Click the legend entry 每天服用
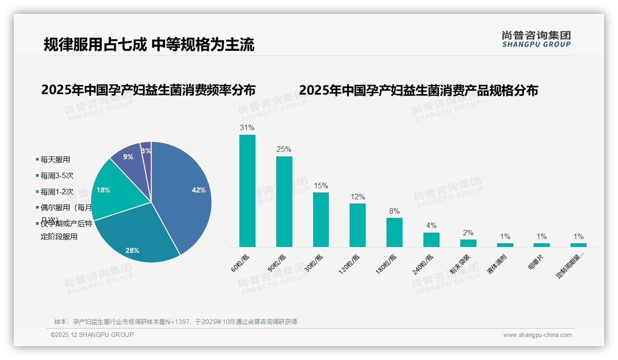(x=55, y=160)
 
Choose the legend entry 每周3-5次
(x=57, y=175)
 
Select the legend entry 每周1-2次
(x=57, y=192)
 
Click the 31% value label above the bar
(x=247, y=127)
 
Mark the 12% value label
(x=357, y=197)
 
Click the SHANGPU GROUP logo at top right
(x=536, y=39)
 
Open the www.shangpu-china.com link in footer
(x=537, y=335)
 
